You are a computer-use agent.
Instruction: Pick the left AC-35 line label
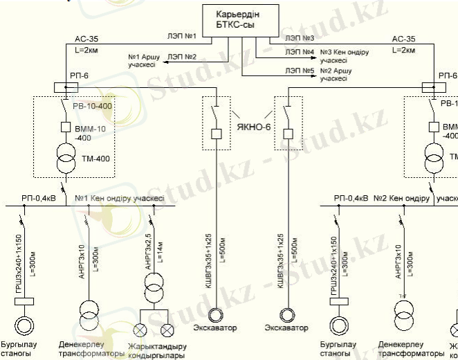pos(82,39)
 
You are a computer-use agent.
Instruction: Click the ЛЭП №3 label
pos(300,37)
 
